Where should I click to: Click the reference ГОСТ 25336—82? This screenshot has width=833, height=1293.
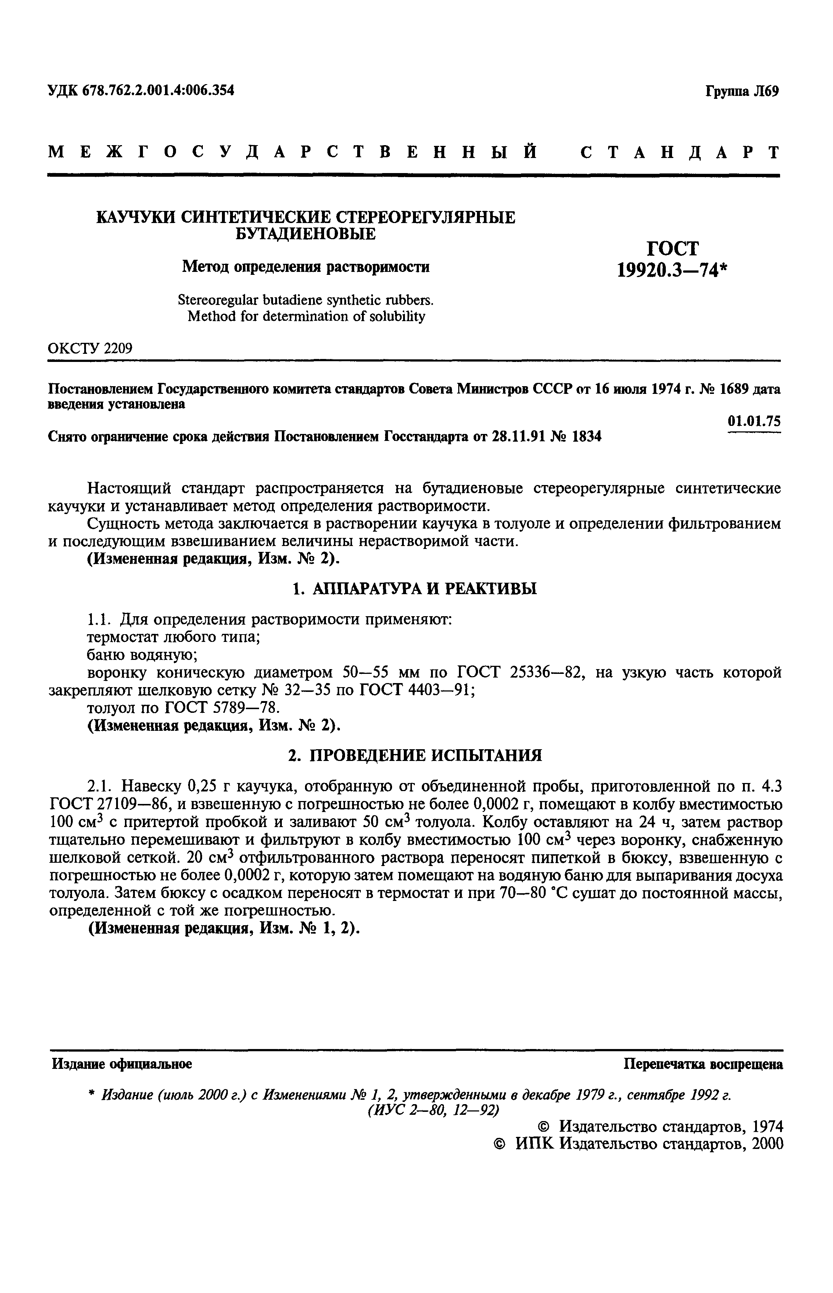pos(519,673)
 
